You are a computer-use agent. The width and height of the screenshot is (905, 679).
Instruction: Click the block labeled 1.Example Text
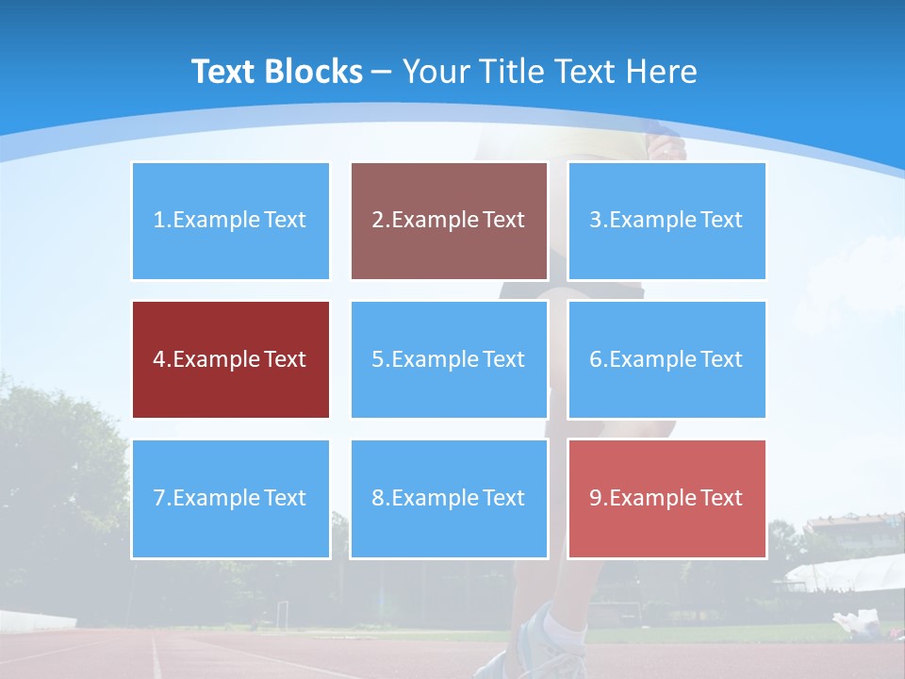coord(230,221)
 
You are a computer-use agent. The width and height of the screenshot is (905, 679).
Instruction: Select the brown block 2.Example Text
coord(449,221)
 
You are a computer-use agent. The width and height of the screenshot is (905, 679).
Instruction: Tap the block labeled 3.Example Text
coord(666,221)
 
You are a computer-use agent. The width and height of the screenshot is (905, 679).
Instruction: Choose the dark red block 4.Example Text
coord(230,359)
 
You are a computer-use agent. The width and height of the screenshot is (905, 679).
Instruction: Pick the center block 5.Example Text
coord(449,359)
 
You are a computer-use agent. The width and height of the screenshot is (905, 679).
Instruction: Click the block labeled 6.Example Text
coord(666,359)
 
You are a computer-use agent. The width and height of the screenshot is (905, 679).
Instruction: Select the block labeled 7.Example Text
coord(230,498)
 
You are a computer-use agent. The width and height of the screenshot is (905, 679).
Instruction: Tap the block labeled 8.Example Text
coord(449,498)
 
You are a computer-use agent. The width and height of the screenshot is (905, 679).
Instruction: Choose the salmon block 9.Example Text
coord(666,498)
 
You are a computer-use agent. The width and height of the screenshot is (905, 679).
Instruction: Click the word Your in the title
coord(436,72)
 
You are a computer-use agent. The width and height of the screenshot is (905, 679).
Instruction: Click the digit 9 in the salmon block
coord(596,498)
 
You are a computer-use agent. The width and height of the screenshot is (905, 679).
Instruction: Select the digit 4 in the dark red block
coord(159,359)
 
